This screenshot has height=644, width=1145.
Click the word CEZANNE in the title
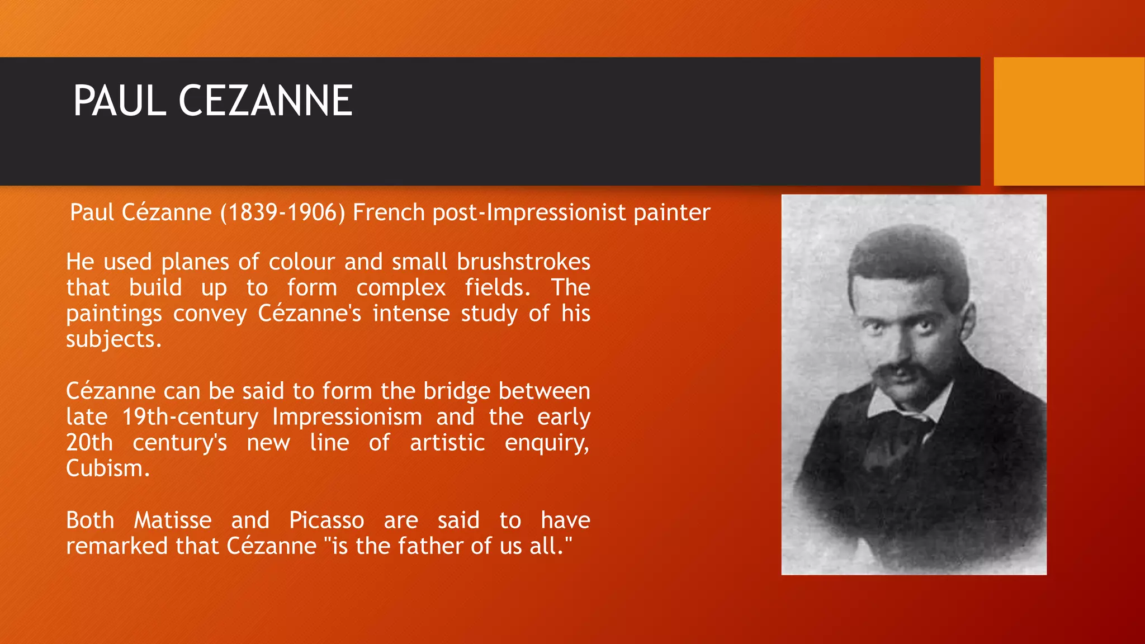click(x=266, y=101)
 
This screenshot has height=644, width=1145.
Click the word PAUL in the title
click(x=120, y=101)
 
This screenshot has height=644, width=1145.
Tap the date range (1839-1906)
click(x=283, y=213)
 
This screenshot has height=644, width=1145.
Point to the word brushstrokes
click(x=524, y=262)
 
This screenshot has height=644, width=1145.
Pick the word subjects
click(x=113, y=340)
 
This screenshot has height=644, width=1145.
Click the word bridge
click(x=457, y=391)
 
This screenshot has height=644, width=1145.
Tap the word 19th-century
click(x=190, y=417)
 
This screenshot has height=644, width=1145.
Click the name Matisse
click(x=173, y=520)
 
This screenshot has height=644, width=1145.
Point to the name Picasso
click(x=327, y=520)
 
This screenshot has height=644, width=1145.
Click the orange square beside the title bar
click(x=1068, y=121)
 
